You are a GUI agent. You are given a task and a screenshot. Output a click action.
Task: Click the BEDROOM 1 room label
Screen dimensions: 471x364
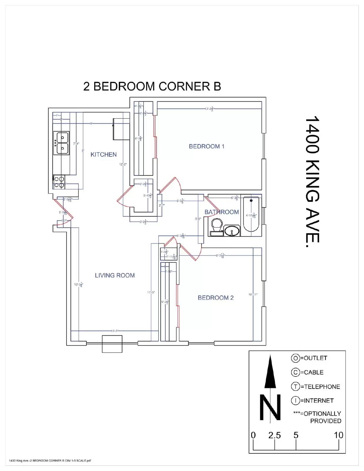[206, 146]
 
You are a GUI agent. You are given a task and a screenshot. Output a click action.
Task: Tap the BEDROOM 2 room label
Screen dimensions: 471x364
[215, 298]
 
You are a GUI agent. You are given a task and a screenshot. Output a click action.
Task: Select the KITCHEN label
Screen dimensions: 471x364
[103, 155]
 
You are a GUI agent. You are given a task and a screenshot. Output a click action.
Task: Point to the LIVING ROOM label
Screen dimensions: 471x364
[114, 276]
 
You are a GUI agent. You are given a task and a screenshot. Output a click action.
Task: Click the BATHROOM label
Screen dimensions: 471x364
[221, 212]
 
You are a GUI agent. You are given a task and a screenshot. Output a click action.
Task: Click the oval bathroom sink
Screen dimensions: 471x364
[232, 231]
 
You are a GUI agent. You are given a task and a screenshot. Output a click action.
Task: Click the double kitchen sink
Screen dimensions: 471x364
[61, 143]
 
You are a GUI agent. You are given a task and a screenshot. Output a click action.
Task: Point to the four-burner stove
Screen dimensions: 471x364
[59, 182]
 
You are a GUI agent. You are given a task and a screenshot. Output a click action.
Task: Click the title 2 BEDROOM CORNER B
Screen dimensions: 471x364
[152, 87]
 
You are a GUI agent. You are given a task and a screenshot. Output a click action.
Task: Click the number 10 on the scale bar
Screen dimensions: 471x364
[338, 435]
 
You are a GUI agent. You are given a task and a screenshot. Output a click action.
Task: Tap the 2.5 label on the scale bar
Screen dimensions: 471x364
[274, 435]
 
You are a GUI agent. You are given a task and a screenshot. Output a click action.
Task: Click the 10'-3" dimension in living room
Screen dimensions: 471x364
[115, 331]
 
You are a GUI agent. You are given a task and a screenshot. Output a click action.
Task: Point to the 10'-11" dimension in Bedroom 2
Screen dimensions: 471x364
[253, 294]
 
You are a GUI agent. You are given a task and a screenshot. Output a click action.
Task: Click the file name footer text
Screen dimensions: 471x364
[50, 461]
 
